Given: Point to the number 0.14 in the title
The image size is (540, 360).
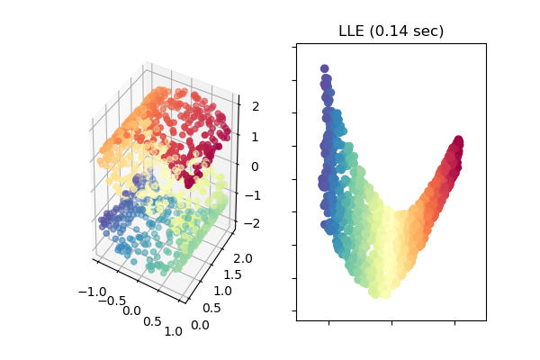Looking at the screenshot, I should click(389, 31).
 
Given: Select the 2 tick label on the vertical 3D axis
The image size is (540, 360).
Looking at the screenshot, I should click(254, 107).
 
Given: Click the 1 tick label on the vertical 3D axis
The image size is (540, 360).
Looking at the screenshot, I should click(254, 137).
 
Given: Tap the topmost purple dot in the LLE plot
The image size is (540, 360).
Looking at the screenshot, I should click(324, 69).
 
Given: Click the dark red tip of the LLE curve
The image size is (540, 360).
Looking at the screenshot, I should click(458, 141).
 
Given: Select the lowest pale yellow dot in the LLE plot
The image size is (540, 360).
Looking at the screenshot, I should click(384, 291).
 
